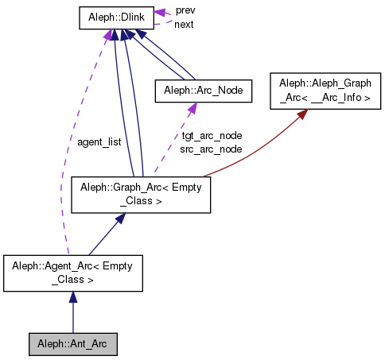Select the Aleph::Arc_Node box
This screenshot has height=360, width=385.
coord(203,91)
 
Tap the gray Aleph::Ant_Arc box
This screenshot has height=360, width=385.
coord(72,344)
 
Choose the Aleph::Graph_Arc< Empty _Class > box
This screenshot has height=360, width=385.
coord(141,195)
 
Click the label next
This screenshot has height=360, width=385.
coord(184,25)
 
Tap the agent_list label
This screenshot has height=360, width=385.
coord(99,142)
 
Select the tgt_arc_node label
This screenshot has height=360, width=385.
coord(212,136)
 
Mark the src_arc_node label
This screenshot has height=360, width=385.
coord(212,149)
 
